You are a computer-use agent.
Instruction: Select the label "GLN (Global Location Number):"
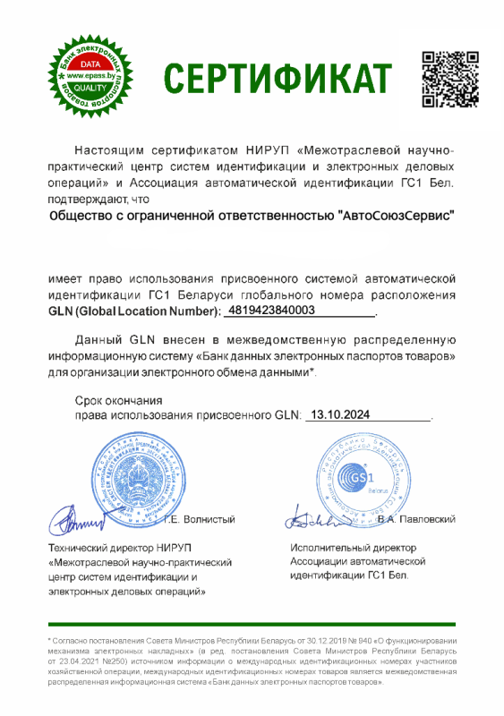tap(134, 311)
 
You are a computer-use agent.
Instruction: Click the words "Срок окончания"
tap(118, 400)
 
